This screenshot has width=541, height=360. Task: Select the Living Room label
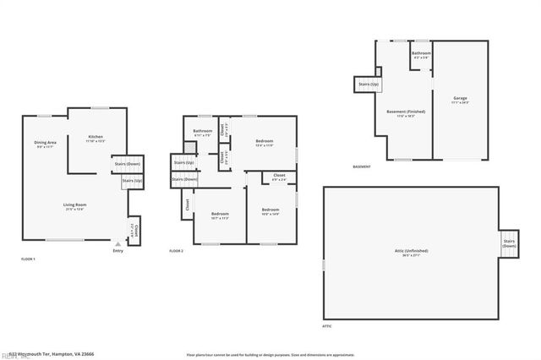(75, 205)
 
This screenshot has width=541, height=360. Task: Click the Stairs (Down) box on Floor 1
(128, 164)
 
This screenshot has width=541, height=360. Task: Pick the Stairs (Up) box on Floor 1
(132, 181)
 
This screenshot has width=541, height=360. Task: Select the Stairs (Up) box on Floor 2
(183, 162)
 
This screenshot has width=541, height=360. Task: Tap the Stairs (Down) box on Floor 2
(183, 179)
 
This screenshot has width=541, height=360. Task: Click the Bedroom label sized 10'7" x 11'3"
(219, 215)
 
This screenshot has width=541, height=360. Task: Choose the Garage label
(460, 100)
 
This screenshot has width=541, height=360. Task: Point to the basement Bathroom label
(421, 55)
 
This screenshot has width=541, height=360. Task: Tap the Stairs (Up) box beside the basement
(369, 85)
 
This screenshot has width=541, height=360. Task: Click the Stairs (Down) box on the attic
(509, 243)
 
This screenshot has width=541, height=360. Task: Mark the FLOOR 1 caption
(28, 259)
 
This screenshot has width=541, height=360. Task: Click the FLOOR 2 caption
(176, 251)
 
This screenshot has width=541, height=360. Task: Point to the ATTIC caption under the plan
(326, 325)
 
